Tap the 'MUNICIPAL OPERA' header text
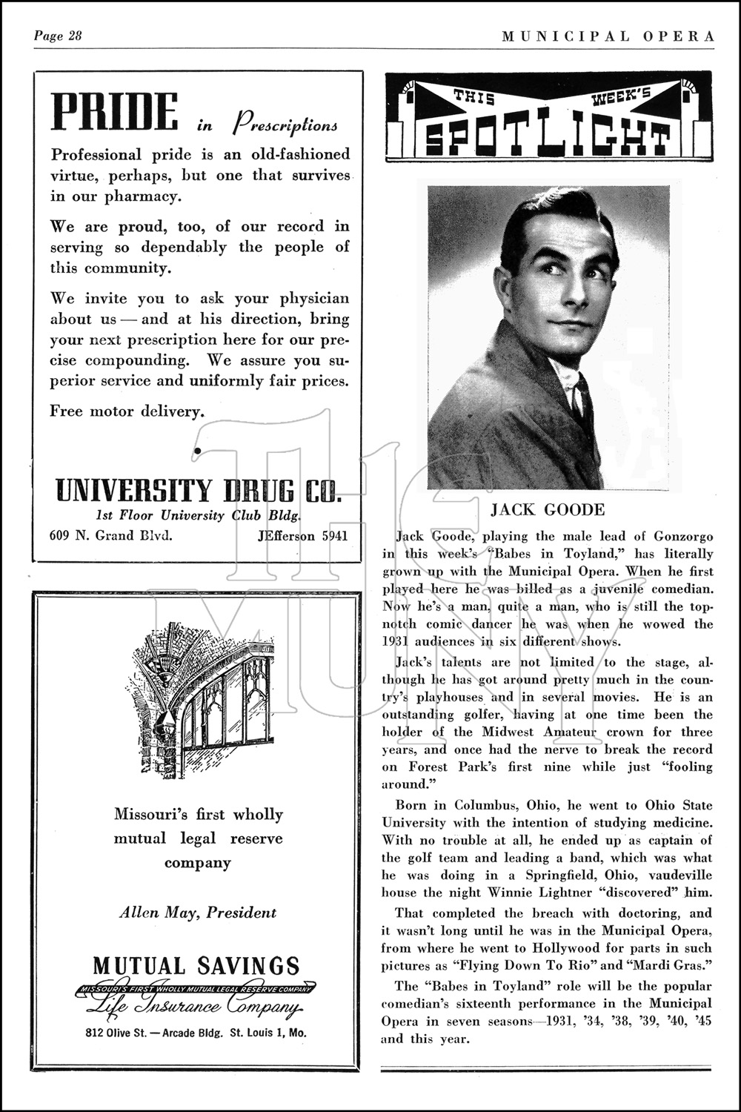coord(608,36)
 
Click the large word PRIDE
coord(114,113)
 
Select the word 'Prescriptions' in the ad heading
coord(286,125)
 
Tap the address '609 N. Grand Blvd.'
coord(111,535)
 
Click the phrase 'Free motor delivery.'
coord(127,411)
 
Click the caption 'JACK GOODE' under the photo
coord(548,510)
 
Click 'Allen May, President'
coord(198,913)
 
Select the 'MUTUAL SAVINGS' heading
coord(197,965)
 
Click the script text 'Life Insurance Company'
coord(196,1007)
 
